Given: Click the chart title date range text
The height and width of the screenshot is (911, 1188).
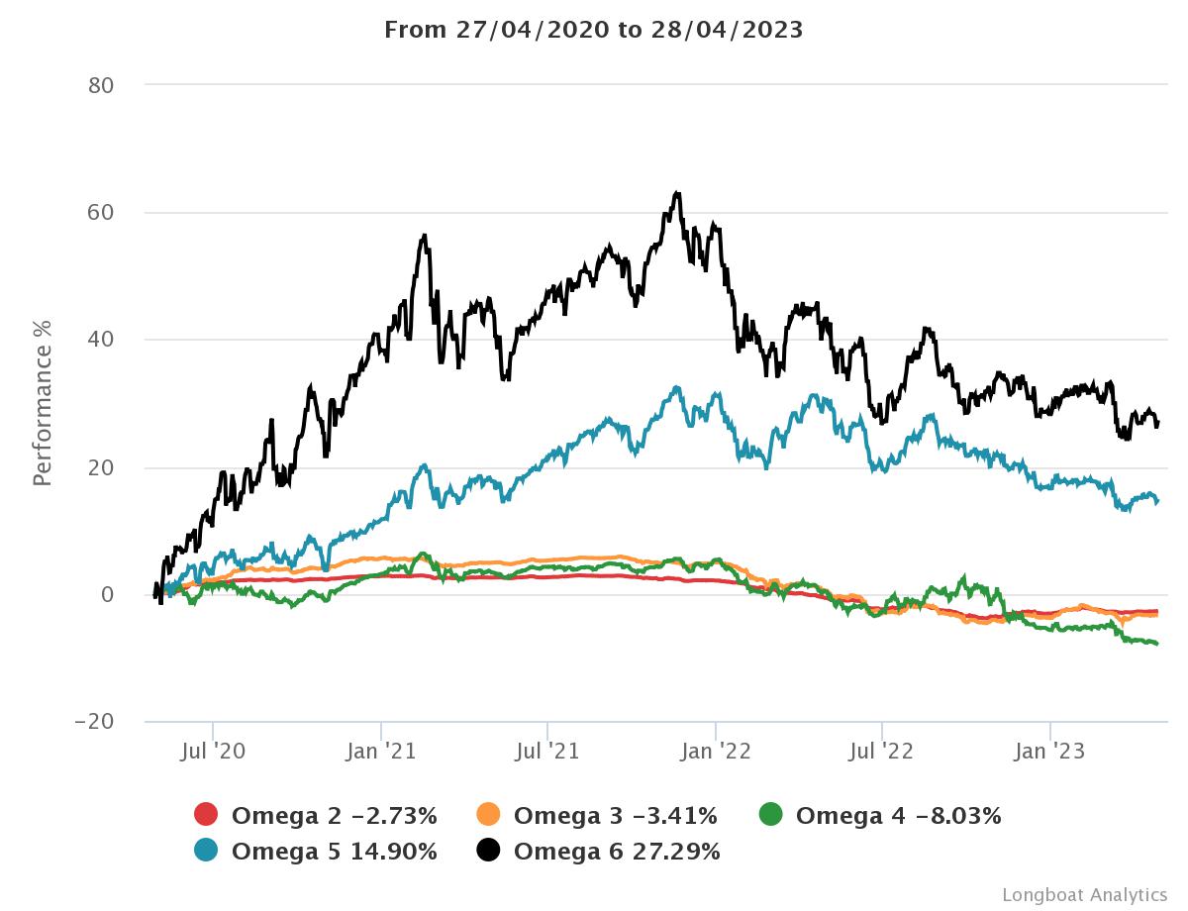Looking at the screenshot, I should (593, 30).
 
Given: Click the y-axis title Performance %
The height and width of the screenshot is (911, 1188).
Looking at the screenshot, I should (42, 403).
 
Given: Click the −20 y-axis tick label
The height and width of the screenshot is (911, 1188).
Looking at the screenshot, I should (95, 722).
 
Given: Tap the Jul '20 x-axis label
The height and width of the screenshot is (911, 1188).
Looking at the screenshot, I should (213, 752).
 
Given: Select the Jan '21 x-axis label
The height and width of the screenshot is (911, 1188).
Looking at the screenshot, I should (381, 752).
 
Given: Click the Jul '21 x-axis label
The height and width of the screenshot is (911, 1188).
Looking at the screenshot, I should (547, 752).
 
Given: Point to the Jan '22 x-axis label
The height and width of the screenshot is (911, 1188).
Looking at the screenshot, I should (716, 752).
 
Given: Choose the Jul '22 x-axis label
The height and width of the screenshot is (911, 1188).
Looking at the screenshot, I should (882, 752).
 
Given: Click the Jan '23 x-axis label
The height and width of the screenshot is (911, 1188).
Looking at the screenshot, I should (1050, 752).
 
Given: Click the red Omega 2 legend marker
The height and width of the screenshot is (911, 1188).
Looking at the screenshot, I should (206, 816).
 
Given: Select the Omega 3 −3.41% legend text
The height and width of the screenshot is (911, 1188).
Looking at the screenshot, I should (616, 816).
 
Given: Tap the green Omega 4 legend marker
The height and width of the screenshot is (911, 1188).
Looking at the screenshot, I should (770, 816).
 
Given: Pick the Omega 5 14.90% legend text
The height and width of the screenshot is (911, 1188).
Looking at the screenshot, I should (334, 851).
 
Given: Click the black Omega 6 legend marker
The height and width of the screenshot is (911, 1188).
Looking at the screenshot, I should (488, 851).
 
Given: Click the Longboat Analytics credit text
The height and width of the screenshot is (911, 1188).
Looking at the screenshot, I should (1084, 894).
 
